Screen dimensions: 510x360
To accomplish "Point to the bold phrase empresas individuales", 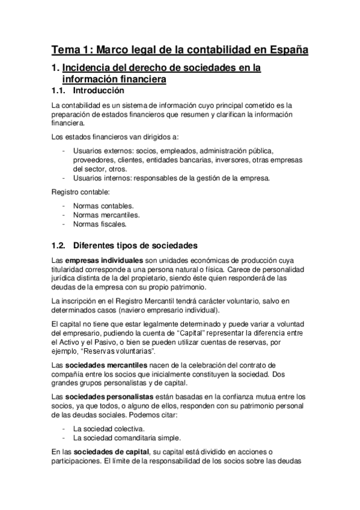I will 109,260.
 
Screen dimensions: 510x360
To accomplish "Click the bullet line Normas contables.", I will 99,206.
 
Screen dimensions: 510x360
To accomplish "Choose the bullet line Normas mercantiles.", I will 102,215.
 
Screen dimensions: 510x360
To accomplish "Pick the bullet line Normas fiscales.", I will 97,224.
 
